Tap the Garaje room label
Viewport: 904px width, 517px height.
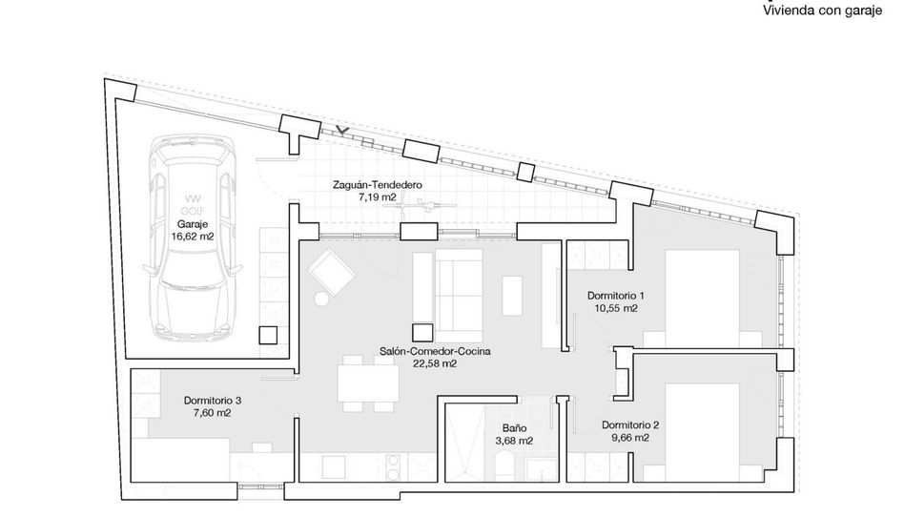pos(193,224)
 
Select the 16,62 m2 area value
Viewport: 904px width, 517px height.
pos(193,236)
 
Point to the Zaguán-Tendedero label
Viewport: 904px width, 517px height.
pos(377,185)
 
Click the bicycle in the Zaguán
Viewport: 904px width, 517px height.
pos(427,205)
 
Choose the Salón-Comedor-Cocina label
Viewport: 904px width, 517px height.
pos(435,351)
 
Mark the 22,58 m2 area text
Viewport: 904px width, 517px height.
pos(435,363)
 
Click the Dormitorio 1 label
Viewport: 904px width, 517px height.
pos(616,296)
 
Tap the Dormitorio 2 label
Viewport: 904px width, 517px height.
pos(630,425)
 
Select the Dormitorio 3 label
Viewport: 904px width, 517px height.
pos(213,400)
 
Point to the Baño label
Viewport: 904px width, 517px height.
pos(514,428)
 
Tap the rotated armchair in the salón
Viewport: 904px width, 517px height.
pos(331,273)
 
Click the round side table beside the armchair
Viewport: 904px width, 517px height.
pos(321,299)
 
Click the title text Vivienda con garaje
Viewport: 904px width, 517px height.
pos(823,10)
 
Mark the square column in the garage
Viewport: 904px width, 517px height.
pos(268,336)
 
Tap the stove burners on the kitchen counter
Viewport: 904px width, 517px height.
pos(394,466)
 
